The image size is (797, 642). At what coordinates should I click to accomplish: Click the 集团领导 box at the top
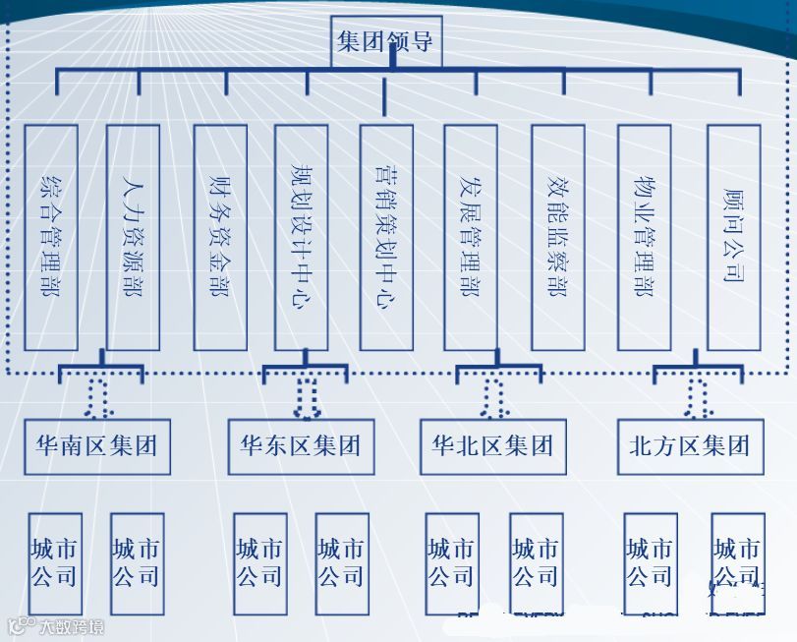tap(386, 41)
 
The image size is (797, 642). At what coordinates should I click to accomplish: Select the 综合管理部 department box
tap(51, 237)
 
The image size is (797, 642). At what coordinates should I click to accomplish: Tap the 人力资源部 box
tap(133, 237)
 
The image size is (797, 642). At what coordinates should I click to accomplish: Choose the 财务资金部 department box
tap(220, 237)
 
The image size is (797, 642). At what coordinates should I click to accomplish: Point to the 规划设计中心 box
tap(302, 237)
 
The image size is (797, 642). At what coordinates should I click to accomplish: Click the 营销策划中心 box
tap(386, 237)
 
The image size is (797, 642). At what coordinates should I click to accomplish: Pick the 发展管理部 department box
tap(471, 237)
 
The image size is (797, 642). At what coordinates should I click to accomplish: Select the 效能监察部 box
tap(557, 237)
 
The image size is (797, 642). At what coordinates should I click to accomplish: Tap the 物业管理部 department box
tap(645, 237)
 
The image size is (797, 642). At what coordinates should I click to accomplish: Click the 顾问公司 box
tap(733, 237)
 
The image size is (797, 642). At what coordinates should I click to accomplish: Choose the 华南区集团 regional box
tap(96, 446)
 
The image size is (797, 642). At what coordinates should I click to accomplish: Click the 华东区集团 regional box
tap(301, 446)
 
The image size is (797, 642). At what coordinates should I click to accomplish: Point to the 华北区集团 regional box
tap(492, 446)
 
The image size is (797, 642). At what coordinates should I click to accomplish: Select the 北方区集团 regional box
tap(690, 446)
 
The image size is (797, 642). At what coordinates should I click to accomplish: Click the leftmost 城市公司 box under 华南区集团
tap(55, 563)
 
